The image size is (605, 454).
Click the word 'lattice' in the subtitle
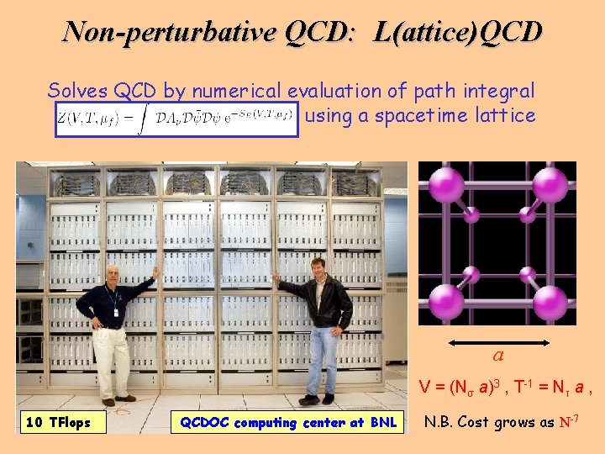coord(502,116)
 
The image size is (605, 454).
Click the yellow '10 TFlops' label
coord(58,421)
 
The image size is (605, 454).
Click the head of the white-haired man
coord(113,277)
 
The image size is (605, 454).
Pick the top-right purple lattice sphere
coord(550,184)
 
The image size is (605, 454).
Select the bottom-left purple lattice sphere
coord(445,301)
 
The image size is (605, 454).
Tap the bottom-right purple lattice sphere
coord(550,303)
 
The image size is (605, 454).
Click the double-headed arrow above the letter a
coord(497,342)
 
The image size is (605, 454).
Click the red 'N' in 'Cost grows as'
coord(564,421)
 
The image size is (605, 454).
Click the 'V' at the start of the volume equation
coord(424,388)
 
